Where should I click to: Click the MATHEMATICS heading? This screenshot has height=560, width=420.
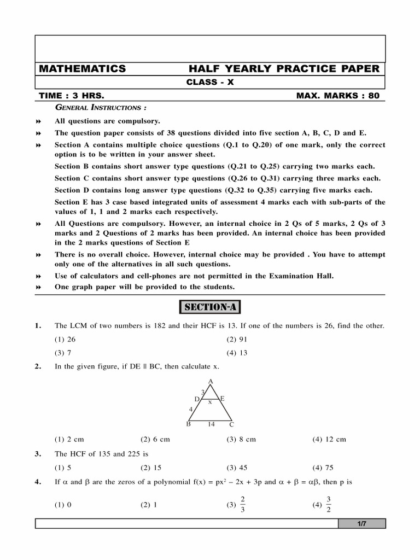[82, 69]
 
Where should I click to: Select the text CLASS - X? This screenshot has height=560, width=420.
[210, 83]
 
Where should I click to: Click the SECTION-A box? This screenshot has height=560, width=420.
[210, 307]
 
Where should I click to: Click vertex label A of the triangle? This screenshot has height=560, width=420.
[211, 381]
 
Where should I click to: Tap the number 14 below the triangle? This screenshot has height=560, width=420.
[211, 424]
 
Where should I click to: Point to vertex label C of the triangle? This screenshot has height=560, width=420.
[231, 425]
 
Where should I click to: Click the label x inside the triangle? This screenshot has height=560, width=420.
[210, 402]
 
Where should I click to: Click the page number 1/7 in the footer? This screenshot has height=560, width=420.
[361, 524]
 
